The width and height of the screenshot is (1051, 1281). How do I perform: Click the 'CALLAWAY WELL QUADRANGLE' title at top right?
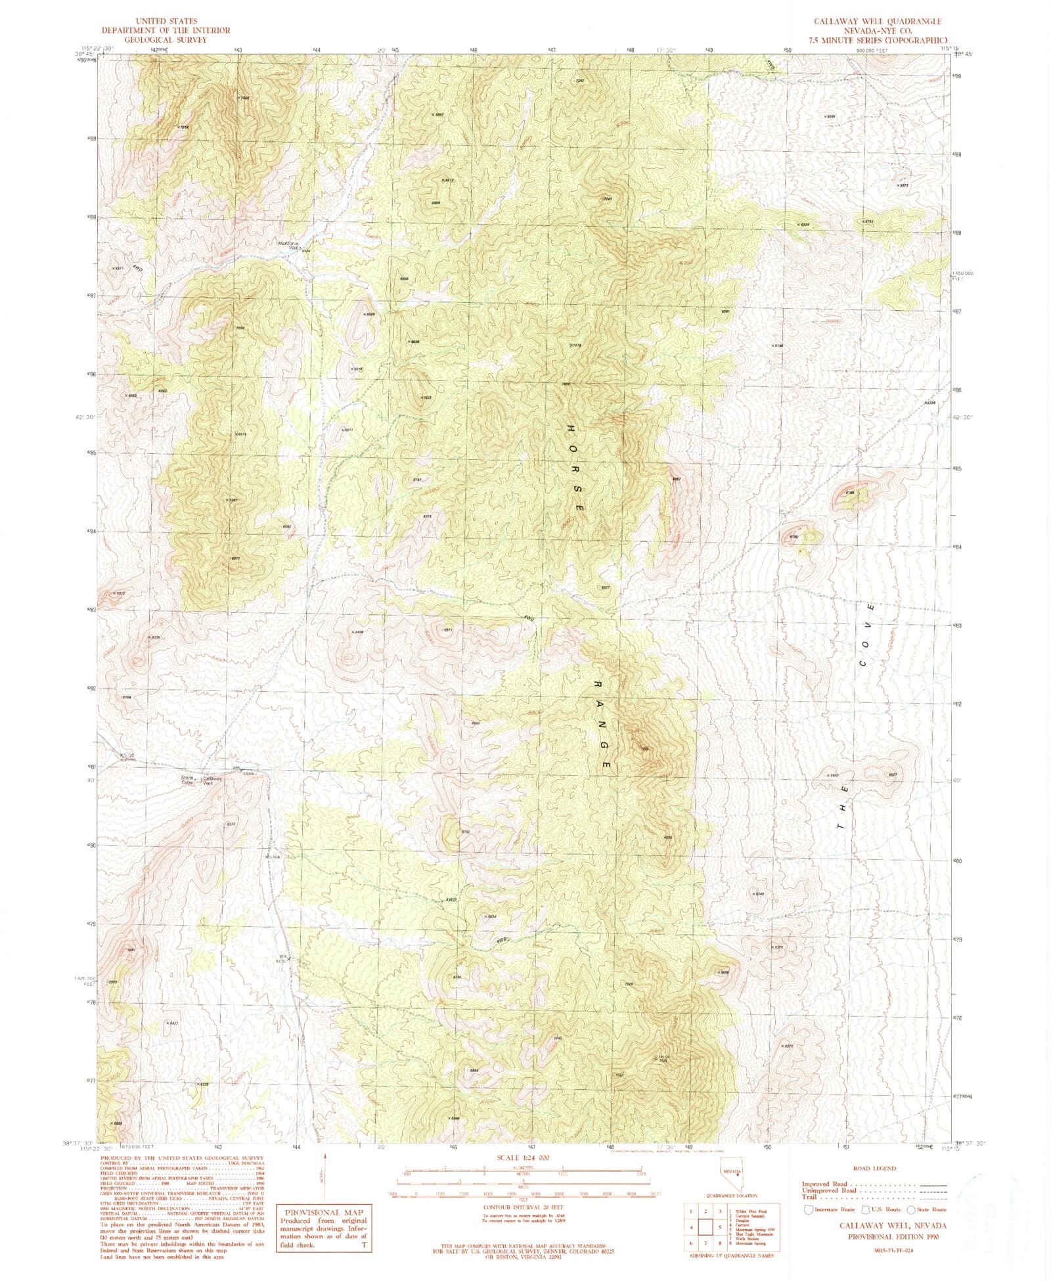tap(878, 22)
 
